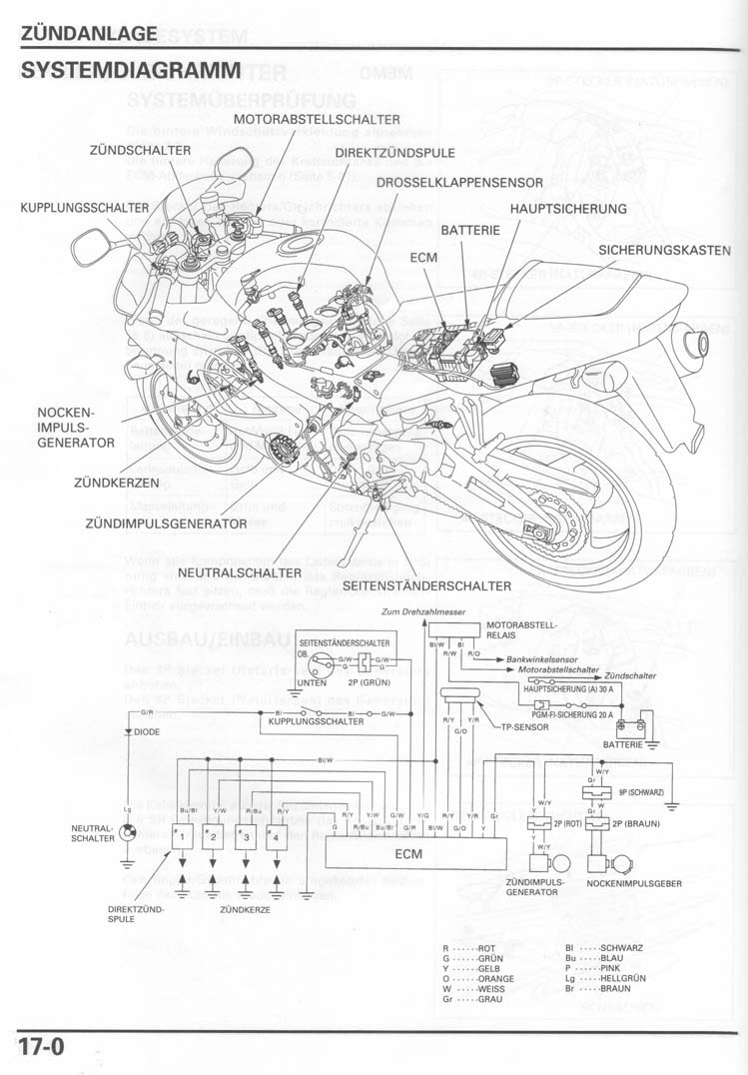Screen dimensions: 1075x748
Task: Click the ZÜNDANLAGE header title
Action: (88, 33)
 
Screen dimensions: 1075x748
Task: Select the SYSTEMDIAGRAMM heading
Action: (130, 72)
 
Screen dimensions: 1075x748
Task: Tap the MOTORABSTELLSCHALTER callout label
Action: (316, 120)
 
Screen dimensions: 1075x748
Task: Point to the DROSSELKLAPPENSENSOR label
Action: (459, 183)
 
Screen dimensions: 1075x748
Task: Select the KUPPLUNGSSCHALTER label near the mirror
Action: (85, 208)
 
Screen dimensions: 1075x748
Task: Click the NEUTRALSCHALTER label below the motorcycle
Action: (240, 573)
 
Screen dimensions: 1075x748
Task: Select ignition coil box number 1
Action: (182, 836)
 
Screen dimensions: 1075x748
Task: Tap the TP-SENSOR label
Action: (526, 728)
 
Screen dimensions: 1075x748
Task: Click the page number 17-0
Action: (42, 1048)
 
